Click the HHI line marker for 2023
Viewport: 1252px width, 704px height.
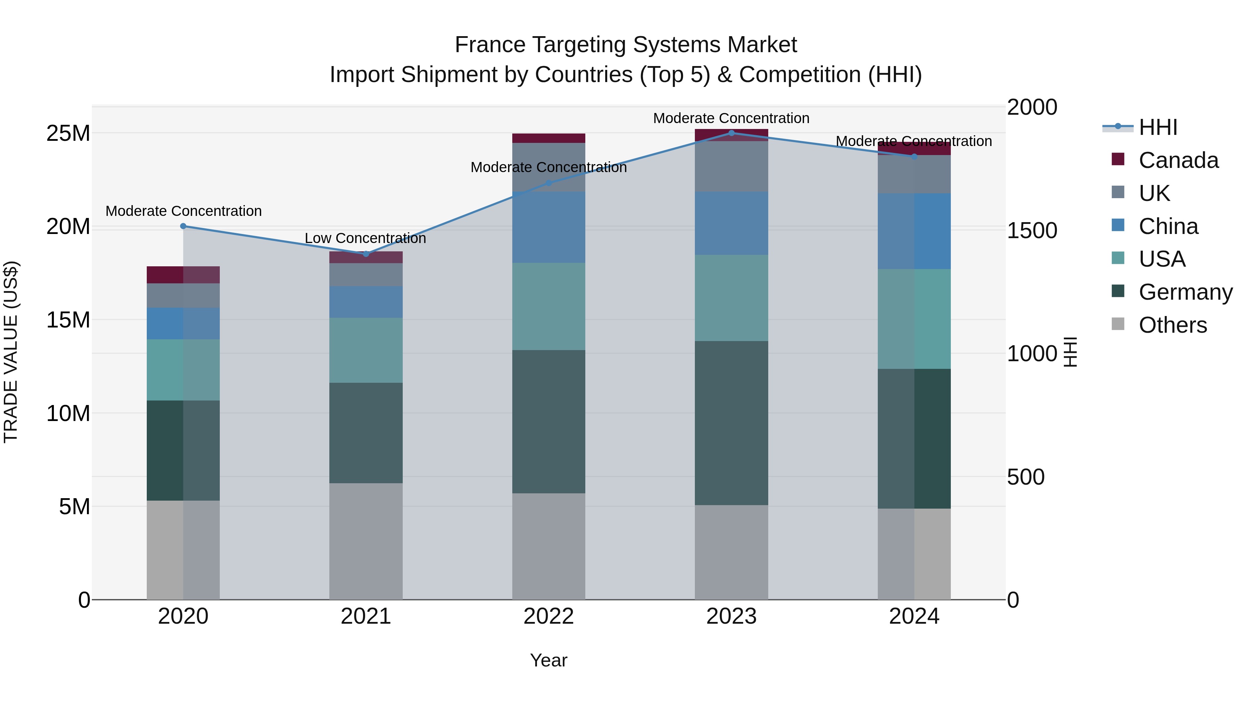[731, 133]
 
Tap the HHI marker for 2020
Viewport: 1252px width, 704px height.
[183, 226]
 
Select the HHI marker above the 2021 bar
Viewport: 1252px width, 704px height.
[366, 254]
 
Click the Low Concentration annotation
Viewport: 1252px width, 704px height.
[365, 238]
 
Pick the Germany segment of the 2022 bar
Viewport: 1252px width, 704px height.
[549, 421]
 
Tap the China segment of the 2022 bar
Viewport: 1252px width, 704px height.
[549, 227]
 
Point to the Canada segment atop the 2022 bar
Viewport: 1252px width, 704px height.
[549, 138]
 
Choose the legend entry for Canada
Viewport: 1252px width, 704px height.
[1178, 160]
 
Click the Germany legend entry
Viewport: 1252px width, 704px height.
[1185, 292]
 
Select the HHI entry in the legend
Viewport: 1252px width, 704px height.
[1158, 127]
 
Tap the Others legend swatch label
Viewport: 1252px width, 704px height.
[1172, 325]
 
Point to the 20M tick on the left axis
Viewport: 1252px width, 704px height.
[68, 226]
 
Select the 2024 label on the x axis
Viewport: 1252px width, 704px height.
[914, 616]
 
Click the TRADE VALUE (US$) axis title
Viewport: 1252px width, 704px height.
[11, 352]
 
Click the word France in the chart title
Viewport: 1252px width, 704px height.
[490, 45]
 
